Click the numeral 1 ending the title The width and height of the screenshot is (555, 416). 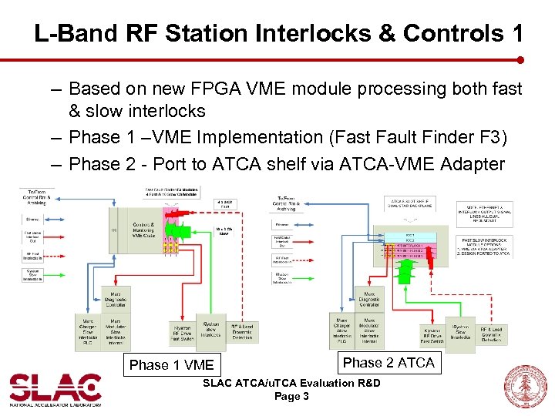click(x=516, y=33)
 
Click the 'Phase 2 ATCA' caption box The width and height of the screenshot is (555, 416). click(x=388, y=363)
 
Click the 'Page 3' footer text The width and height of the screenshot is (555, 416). click(x=291, y=397)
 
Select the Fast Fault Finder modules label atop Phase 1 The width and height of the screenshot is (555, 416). click(x=171, y=191)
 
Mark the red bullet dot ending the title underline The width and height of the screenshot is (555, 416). click(x=520, y=59)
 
